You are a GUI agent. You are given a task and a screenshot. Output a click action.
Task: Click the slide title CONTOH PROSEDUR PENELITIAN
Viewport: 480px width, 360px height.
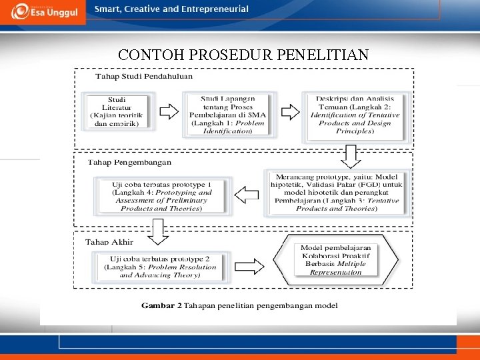point(243,55)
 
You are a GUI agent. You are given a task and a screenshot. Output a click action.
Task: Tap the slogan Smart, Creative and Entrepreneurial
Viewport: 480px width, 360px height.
point(171,9)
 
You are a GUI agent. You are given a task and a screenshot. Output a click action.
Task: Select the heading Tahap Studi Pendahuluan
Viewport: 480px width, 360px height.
point(145,76)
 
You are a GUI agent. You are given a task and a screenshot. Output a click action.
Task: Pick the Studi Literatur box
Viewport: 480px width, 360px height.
point(117,111)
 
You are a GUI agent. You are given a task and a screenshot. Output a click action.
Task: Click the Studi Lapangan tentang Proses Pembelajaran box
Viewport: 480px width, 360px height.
point(227,115)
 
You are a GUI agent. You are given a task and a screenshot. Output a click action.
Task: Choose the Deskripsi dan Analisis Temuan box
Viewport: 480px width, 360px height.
point(355,115)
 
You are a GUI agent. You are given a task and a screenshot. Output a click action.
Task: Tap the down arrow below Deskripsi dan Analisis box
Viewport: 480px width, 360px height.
point(351,157)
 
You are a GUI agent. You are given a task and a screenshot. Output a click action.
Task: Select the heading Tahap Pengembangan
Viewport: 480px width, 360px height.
point(130,162)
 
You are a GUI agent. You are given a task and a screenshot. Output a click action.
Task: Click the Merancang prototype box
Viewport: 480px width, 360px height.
point(336,192)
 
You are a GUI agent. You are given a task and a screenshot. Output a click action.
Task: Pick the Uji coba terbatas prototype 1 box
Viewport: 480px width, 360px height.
point(162,195)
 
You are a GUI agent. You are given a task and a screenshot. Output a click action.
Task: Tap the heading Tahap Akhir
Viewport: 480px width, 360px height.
point(110,242)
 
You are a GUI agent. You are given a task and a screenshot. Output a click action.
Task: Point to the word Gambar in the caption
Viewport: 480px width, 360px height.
point(158,306)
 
